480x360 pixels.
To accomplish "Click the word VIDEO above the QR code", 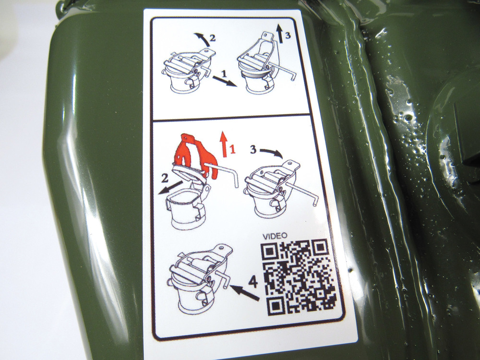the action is coord(275,235).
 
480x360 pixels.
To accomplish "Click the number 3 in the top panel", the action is coord(287,36).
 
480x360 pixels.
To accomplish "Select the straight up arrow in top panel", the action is coord(279,34).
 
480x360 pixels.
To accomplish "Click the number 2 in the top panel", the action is coord(212,38).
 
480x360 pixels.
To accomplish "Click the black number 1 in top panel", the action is coord(224,74).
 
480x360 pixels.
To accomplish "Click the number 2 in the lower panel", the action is coord(165,178).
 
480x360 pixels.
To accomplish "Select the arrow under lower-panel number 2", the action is coord(170,187).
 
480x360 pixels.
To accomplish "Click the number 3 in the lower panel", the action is coord(253,150).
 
